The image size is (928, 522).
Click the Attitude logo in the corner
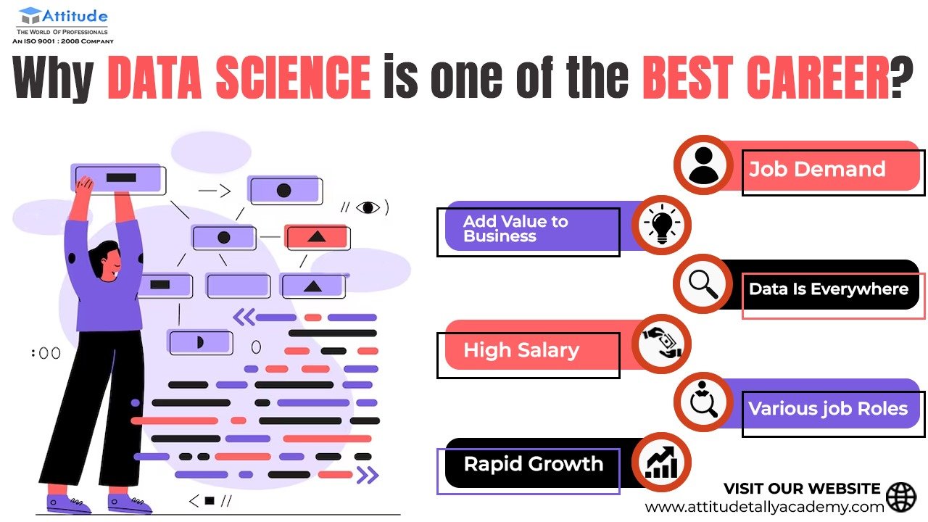click(63, 25)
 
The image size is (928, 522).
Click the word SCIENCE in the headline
click(293, 78)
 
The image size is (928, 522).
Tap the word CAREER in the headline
click(818, 78)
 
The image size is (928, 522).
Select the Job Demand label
click(817, 169)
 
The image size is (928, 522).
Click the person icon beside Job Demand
click(703, 165)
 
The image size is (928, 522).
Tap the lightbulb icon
click(662, 225)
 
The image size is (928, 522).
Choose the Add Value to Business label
click(515, 228)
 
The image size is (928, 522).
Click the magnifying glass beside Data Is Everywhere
click(703, 284)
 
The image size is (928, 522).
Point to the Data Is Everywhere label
click(829, 289)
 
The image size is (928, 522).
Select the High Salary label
click(521, 350)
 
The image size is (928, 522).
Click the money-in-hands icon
click(662, 343)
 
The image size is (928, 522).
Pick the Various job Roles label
click(828, 408)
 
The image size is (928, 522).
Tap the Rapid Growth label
click(533, 463)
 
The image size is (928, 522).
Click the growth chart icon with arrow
click(662, 463)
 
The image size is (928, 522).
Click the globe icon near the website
click(901, 497)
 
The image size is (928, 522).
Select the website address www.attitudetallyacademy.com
click(764, 506)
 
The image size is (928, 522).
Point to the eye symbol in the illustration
click(368, 207)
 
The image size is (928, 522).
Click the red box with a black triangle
click(317, 237)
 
